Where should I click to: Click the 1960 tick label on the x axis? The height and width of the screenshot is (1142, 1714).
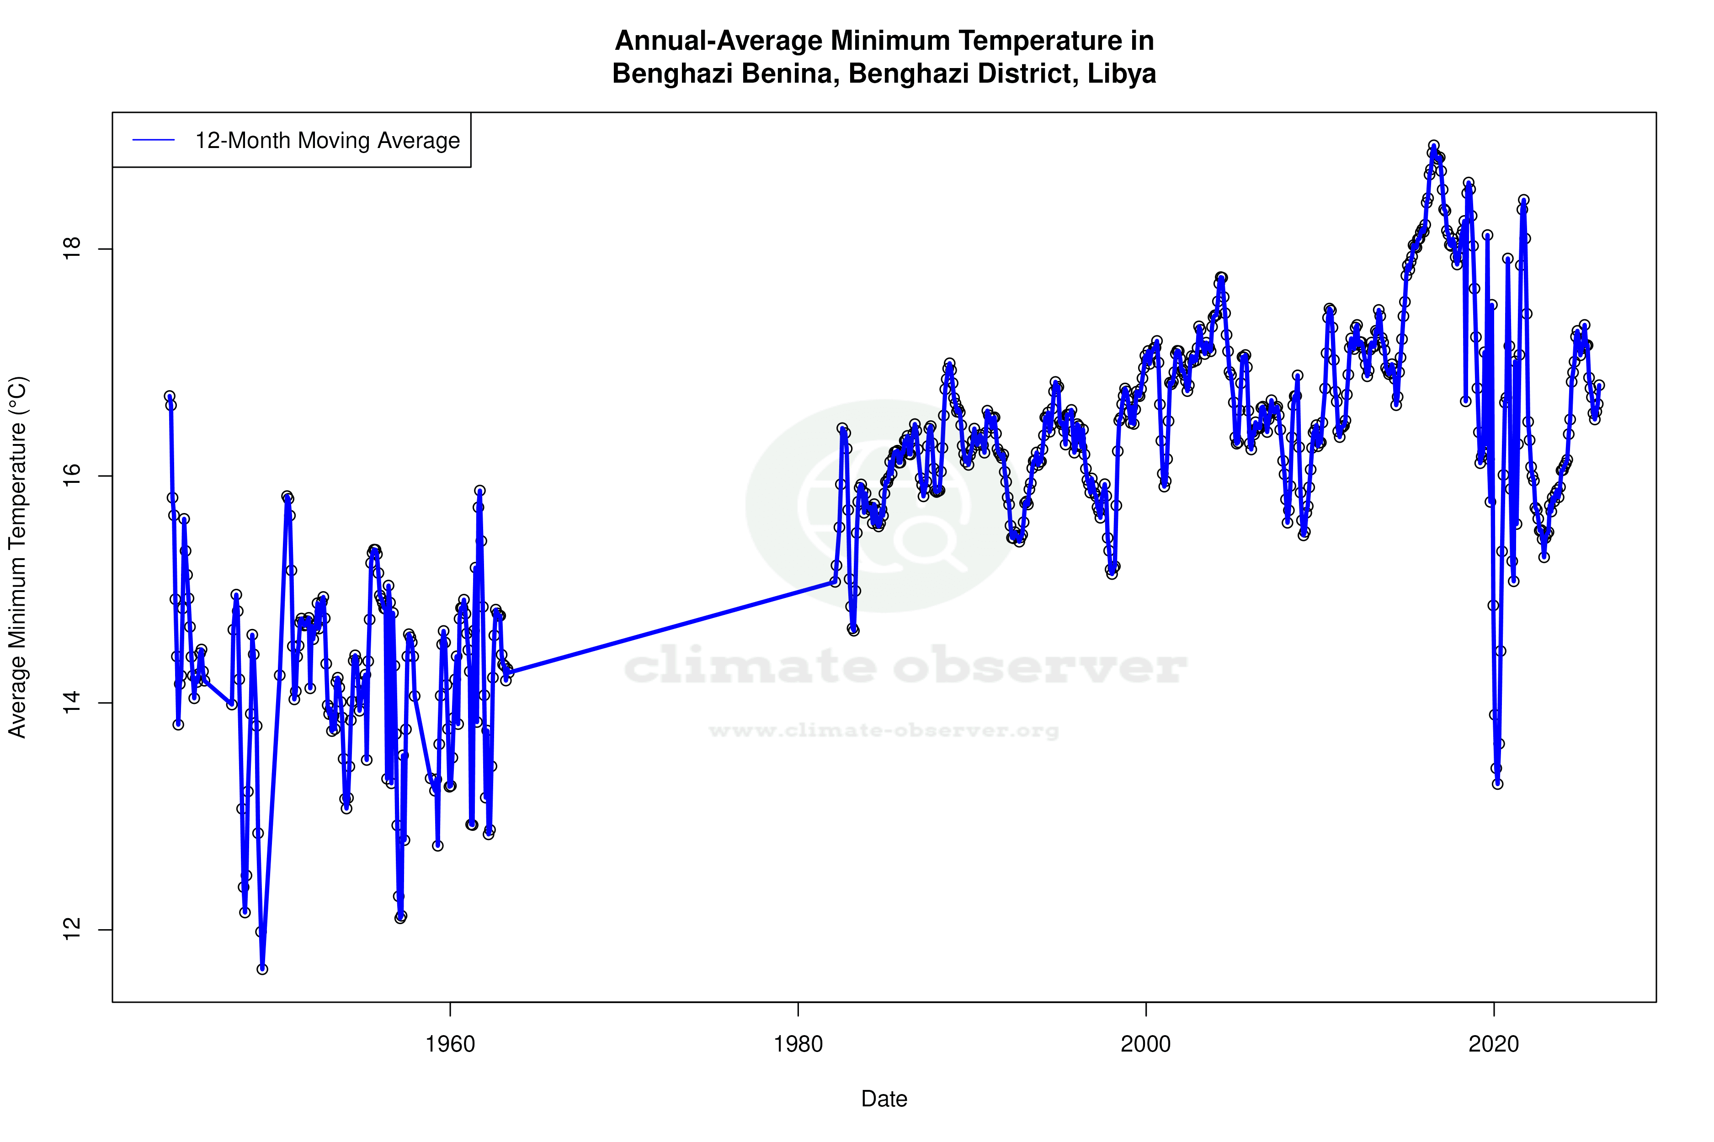point(450,1044)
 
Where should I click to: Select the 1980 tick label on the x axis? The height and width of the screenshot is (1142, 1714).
point(798,1044)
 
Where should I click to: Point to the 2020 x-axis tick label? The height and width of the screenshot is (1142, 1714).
point(1493,1044)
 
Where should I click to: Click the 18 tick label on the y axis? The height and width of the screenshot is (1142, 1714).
point(71,249)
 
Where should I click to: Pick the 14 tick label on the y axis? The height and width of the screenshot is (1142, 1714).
point(71,703)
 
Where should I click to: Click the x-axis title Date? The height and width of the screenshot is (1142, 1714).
point(884,1099)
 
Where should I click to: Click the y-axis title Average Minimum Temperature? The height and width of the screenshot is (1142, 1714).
point(17,557)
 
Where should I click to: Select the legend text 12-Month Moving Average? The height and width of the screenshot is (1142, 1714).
point(327,141)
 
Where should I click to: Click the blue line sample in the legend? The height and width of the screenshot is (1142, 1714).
point(154,141)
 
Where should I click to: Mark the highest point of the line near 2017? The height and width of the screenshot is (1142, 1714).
point(1433,146)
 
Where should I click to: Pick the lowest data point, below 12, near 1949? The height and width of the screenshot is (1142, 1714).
point(262,969)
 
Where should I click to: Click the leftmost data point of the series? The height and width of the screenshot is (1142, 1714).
point(169,396)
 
